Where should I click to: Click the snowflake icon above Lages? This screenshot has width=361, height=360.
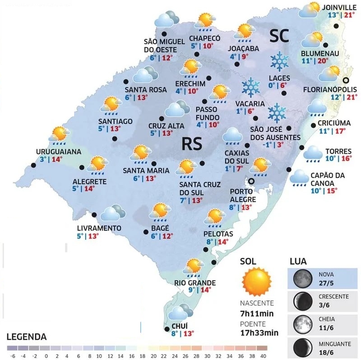[x=279, y=61]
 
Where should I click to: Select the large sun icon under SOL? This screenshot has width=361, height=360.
[x=256, y=281]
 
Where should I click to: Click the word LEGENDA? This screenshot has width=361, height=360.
[x=27, y=337]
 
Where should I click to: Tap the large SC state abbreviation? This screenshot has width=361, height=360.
[x=280, y=36]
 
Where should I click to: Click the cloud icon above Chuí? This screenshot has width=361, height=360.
[x=179, y=313]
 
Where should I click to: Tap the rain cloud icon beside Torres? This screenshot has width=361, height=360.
[x=312, y=154]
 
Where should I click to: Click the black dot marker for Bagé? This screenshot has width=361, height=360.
[x=145, y=232]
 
